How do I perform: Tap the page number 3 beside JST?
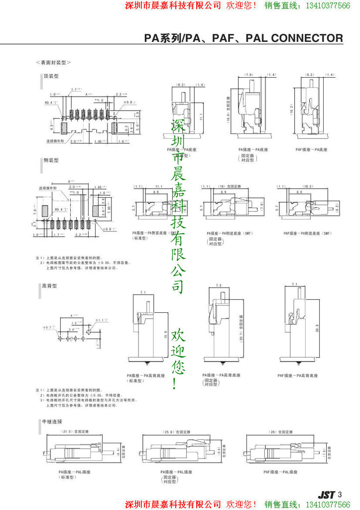(x=340, y=495)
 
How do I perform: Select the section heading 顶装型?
(x=51, y=77)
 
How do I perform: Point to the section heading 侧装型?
(x=51, y=160)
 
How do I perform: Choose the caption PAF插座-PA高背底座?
(x=297, y=375)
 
